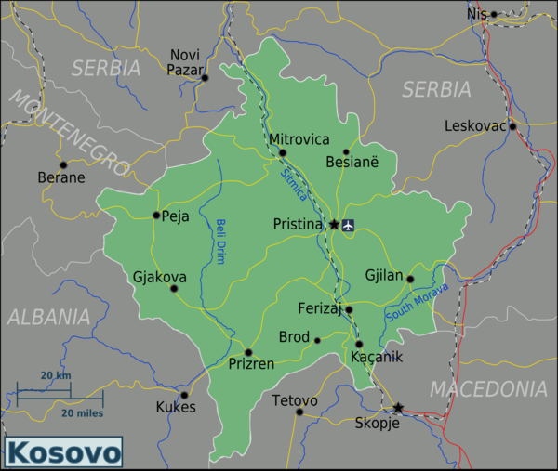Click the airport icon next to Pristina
pos(349,224)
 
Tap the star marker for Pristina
pos(334,224)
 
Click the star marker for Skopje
pos(398,408)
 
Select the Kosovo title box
pos(64,453)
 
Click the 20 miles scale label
pos(83,412)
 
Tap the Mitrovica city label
pos(299,139)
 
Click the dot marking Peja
pos(156,216)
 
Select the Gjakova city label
pos(159,277)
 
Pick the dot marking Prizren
pos(248,352)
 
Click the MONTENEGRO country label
pos(69,131)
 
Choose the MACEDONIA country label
pos(488,387)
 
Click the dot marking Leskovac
pos(512,126)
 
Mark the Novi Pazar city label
pos(185,62)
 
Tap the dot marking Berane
pos(63,164)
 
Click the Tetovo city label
pos(295,400)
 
